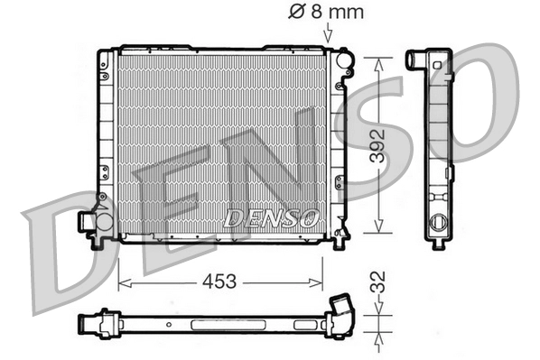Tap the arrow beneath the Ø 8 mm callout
click(327, 33)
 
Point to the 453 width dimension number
click(219, 282)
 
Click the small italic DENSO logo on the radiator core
click(271, 217)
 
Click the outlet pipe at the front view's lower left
click(88, 220)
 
